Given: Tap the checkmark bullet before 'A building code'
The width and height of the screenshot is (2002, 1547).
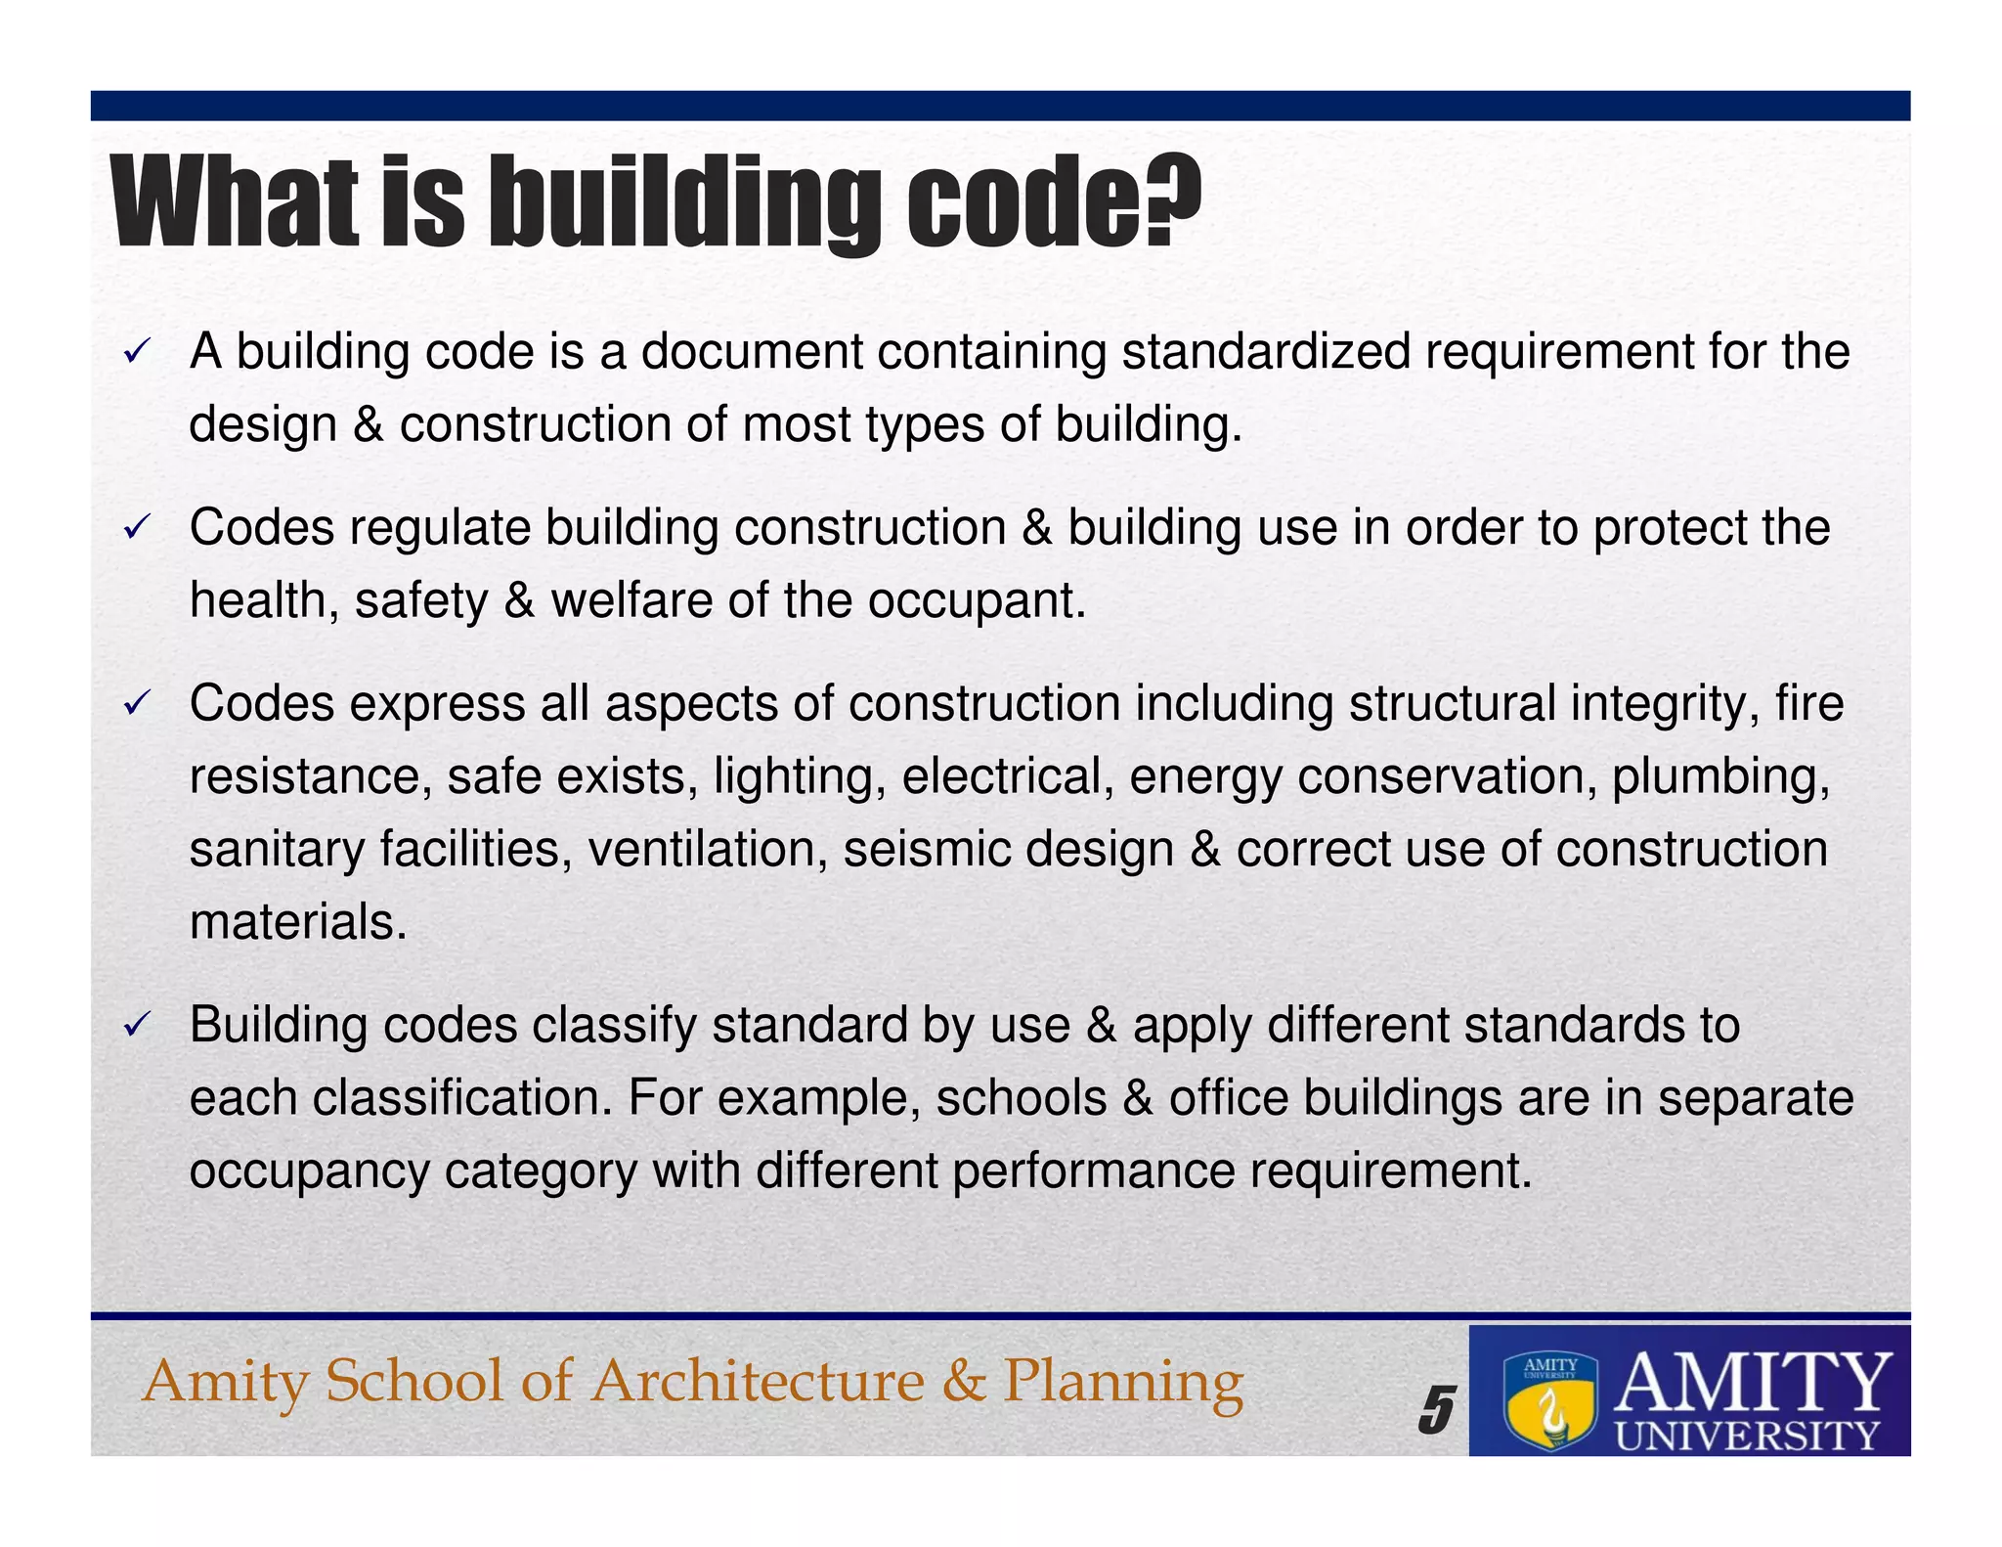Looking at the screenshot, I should click(x=136, y=353).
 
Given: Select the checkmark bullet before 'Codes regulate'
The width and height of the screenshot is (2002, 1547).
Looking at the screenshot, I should click(x=136, y=529).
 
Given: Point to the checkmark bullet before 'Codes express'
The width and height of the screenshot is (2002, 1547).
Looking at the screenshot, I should click(x=136, y=704).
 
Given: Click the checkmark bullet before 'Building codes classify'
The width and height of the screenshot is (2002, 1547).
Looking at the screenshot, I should click(x=136, y=1026).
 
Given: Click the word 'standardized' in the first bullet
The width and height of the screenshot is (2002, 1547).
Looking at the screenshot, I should click(x=1266, y=351).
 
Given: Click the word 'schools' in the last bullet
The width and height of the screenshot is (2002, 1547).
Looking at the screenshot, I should click(x=1022, y=1098).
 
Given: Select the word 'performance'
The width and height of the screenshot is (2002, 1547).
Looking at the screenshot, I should click(x=1093, y=1171).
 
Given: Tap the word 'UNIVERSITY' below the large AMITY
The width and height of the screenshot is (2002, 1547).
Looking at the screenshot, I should click(x=1747, y=1436).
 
